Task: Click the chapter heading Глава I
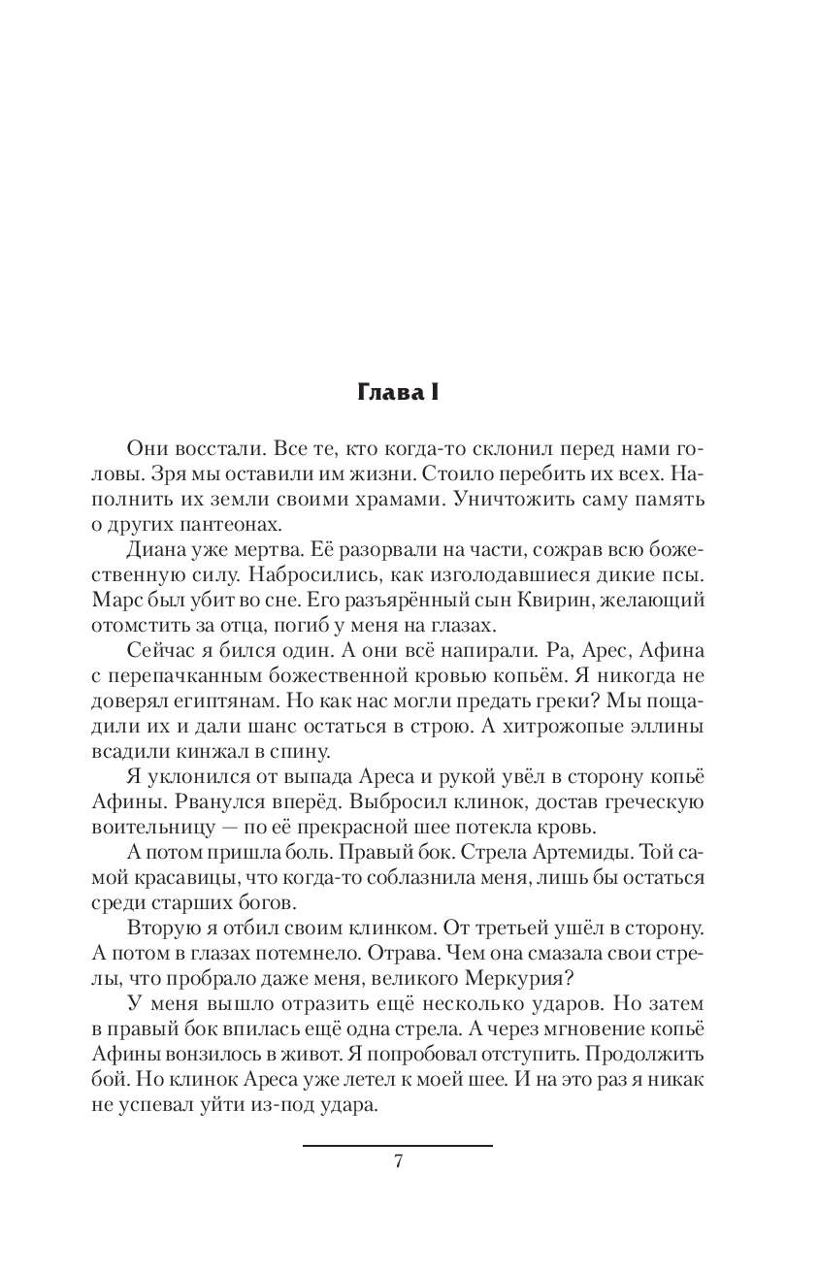[x=398, y=393]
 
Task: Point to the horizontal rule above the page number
[x=398, y=1146]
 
